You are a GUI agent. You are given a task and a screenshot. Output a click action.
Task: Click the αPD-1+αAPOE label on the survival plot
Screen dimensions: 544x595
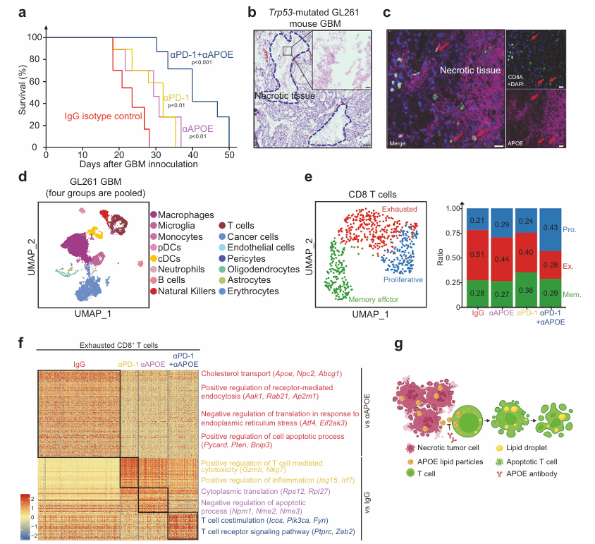click(x=201, y=54)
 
